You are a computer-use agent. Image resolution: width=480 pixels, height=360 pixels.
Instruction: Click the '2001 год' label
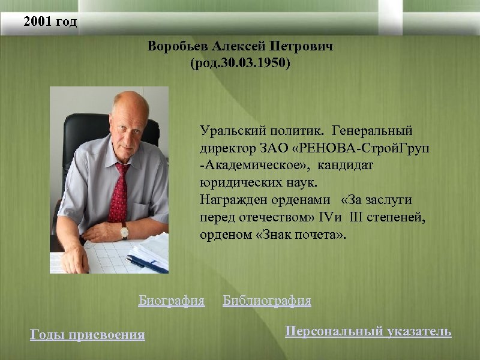(x=50, y=23)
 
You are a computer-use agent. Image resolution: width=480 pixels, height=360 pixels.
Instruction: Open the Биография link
(x=172, y=300)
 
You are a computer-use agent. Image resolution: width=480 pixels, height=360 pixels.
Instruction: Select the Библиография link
(x=267, y=300)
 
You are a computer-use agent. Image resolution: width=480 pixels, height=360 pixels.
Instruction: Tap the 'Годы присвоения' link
(x=88, y=335)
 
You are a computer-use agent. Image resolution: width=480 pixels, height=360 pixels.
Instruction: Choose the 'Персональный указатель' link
(x=368, y=331)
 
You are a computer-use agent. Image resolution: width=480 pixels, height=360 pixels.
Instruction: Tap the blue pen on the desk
(x=147, y=264)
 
